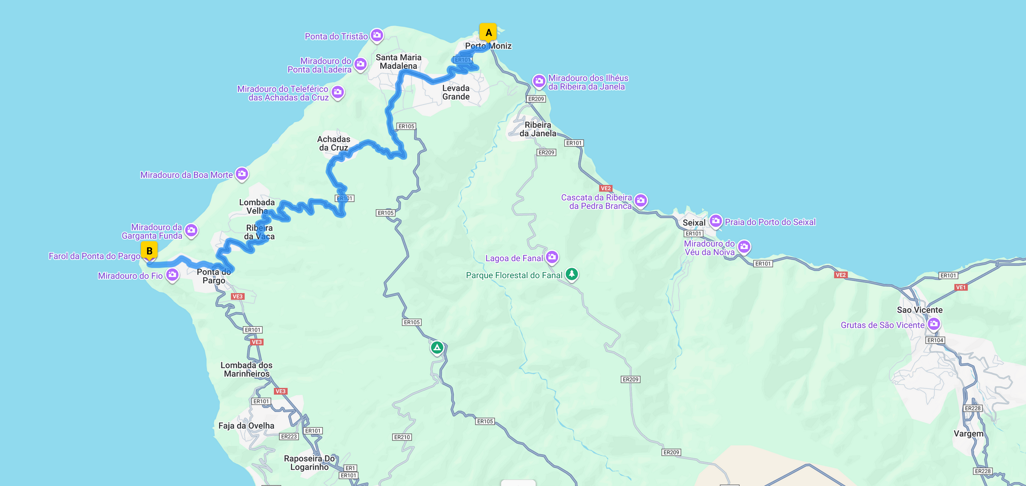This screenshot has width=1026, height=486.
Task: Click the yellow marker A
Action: (488, 32)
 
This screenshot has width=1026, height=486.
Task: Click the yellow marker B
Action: (149, 251)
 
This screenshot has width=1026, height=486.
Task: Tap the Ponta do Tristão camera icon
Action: (377, 35)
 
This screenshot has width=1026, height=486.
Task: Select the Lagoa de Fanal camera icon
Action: (552, 257)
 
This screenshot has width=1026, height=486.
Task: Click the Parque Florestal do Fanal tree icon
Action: (572, 274)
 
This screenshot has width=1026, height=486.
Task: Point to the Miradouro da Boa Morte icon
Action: (242, 174)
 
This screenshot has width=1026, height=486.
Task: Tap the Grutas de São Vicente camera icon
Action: (934, 324)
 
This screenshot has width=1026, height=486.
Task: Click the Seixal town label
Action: (693, 222)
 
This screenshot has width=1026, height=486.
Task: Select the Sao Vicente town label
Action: (920, 310)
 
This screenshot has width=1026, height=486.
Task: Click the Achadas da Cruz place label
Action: (334, 143)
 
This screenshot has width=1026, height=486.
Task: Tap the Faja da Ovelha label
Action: (246, 426)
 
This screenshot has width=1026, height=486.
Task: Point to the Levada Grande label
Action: (456, 92)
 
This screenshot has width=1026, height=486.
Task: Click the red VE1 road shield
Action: (961, 287)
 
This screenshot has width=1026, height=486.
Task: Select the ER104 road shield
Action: (935, 340)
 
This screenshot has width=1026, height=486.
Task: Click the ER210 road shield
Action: (402, 437)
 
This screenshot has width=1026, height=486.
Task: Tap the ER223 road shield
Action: (289, 436)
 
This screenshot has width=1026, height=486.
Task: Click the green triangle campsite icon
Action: (437, 348)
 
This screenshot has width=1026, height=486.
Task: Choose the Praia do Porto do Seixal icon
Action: (716, 220)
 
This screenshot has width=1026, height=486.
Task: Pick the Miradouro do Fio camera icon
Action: (172, 275)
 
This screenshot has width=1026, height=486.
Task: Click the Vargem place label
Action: (968, 434)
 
